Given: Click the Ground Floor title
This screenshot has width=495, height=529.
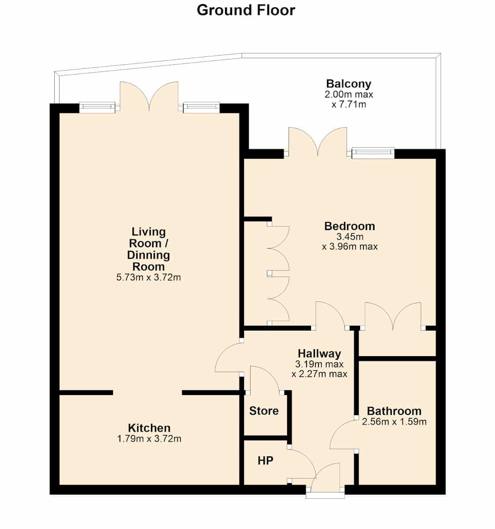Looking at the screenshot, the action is pos(246,11).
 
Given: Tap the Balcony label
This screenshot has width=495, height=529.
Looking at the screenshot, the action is pos(349,84).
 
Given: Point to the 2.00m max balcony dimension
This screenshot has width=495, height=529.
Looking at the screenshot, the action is pos(349,95).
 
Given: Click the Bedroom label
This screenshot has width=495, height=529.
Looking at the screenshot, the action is pos(350,226).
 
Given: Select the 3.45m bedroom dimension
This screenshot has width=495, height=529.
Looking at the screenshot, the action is pos(350,237).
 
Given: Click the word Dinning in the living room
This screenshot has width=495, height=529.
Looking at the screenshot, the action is pos(148,255).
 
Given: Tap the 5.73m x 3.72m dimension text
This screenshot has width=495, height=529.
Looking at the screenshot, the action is pos(149,278).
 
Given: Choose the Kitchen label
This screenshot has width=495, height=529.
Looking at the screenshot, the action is pos(149,428).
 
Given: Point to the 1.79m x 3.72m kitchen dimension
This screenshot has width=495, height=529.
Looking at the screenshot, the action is pos(149,439).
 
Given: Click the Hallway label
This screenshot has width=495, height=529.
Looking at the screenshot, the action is pos(319,354).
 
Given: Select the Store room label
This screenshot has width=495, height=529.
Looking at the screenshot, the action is pos(264,411).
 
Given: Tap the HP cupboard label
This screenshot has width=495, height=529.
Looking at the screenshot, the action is pos(266,461).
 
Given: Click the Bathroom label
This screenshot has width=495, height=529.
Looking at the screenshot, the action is pos(394,411).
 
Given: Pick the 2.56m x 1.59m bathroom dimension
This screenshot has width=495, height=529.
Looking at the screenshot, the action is pos(394,421).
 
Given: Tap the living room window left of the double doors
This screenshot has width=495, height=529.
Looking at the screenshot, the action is pos(97,108).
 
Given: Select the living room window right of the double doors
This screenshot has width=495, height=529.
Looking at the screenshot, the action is pos(201,108).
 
